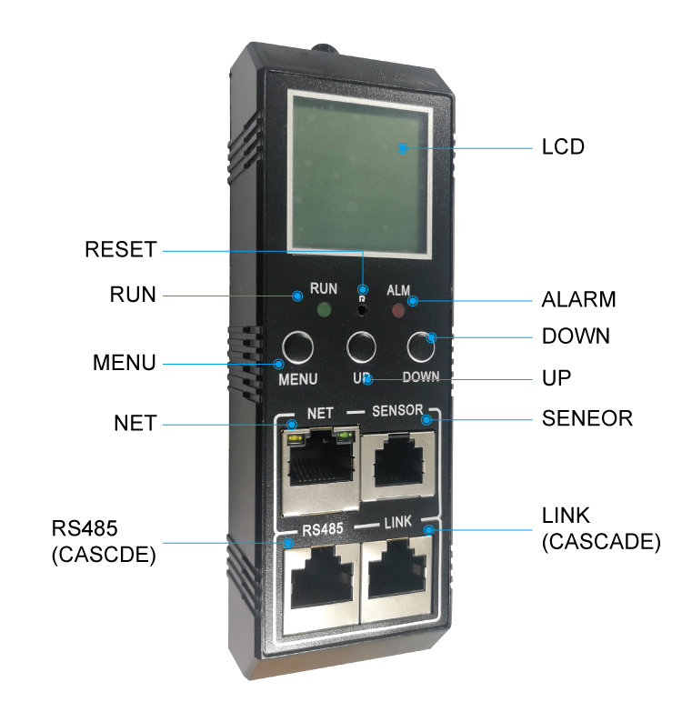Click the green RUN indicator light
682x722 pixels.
click(325, 309)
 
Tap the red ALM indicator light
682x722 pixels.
click(398, 311)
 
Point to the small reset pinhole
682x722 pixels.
click(363, 310)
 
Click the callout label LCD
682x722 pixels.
click(563, 147)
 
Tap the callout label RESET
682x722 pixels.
click(121, 249)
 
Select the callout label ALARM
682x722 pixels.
click(579, 299)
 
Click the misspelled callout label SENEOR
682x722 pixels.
click(587, 418)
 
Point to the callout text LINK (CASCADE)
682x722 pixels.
click(601, 528)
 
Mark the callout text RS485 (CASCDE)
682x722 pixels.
click(104, 542)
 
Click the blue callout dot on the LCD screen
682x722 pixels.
click(403, 148)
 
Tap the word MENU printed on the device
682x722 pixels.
click(298, 379)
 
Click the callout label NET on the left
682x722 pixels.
click(135, 423)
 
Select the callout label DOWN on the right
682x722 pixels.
click(576, 336)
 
